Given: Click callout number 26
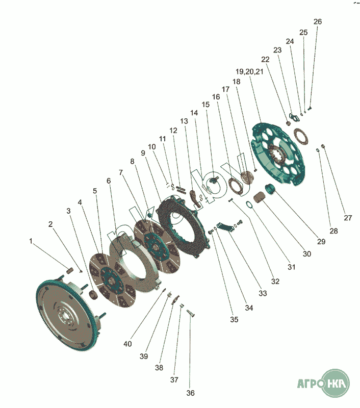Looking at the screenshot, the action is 318,22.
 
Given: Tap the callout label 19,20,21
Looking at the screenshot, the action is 250,71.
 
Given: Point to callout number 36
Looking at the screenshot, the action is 190,393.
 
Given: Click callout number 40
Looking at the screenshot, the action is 127,344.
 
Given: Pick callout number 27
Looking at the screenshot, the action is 348,218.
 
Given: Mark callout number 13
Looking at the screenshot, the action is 184,121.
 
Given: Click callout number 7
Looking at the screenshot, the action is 121,172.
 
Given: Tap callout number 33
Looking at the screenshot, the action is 263,294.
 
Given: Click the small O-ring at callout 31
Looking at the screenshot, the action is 248,206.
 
